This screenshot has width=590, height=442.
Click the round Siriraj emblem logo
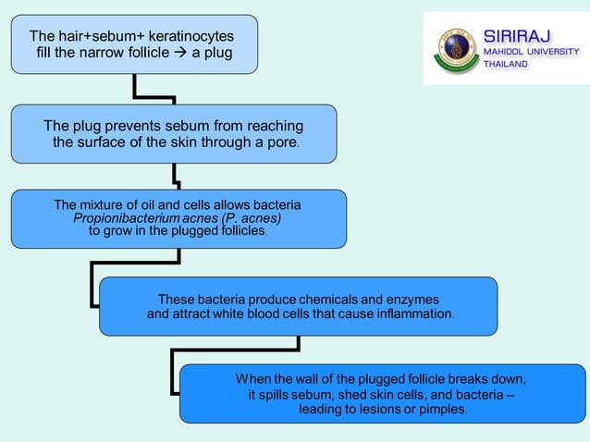[455, 48]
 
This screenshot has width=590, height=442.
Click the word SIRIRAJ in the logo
[519, 36]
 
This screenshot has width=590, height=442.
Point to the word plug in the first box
[216, 52]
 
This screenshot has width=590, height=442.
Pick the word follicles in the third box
[237, 231]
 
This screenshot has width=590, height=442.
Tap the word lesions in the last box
[385, 409]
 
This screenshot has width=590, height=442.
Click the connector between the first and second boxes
[154, 93]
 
